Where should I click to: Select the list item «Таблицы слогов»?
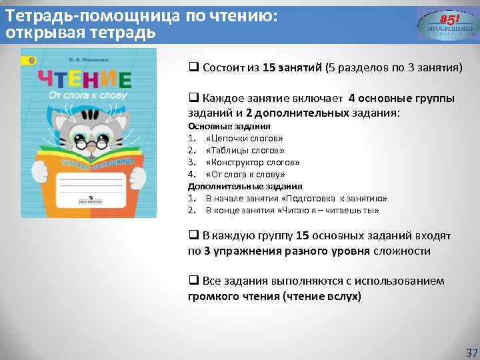click(245, 150)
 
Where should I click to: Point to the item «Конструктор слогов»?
click(253, 162)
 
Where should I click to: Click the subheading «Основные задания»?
click(229, 126)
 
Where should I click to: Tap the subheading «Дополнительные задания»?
click(245, 186)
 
